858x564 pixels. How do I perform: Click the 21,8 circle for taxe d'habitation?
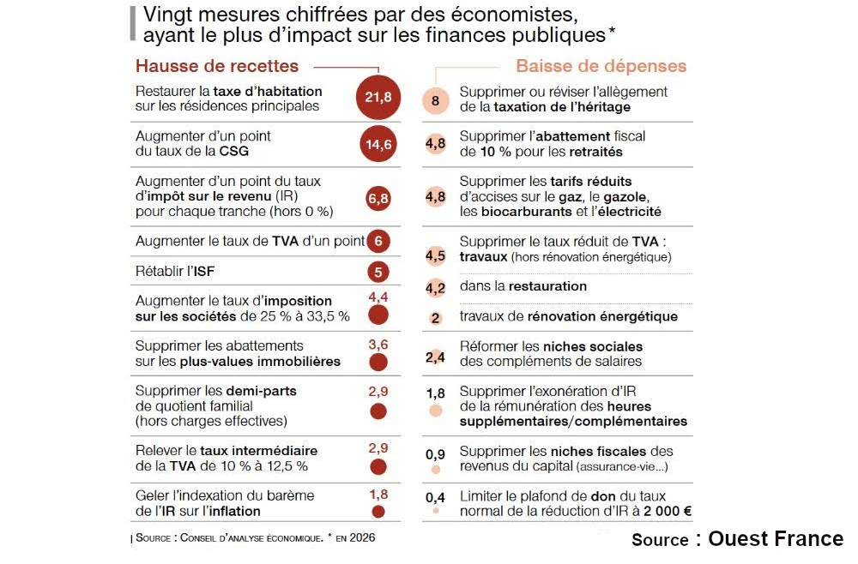[x=378, y=98]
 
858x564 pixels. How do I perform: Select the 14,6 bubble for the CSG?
[x=378, y=144]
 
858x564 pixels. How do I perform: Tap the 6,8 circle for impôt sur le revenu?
[x=378, y=198]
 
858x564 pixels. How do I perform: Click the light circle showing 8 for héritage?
[x=435, y=100]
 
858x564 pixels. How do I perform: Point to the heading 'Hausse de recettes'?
[x=217, y=66]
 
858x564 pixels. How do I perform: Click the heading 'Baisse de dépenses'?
[x=601, y=66]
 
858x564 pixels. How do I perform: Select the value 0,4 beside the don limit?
[x=435, y=497]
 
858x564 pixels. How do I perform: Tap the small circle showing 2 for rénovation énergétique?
[x=435, y=318]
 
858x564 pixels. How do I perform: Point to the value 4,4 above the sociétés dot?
[x=378, y=297]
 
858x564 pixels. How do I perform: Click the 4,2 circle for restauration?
[x=435, y=288]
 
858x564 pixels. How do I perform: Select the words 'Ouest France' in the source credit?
[x=776, y=538]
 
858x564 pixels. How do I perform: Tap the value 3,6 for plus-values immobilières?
[x=378, y=344]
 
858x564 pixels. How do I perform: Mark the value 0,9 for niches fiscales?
[x=435, y=453]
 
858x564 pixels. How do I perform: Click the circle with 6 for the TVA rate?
[x=378, y=242]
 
